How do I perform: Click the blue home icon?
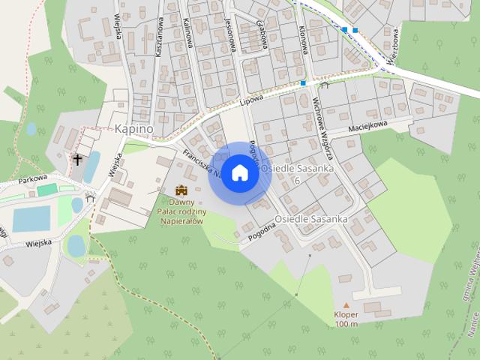tap(239, 172)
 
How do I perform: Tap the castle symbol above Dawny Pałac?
tap(181, 190)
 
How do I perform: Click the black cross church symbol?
tap(77, 159)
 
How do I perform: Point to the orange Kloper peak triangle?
tap(346, 305)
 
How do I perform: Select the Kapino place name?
tap(134, 129)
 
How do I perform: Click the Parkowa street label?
tap(33, 178)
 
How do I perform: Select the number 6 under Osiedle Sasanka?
tap(297, 181)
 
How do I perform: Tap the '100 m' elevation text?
tap(346, 323)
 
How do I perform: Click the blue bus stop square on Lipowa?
tap(302, 83)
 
